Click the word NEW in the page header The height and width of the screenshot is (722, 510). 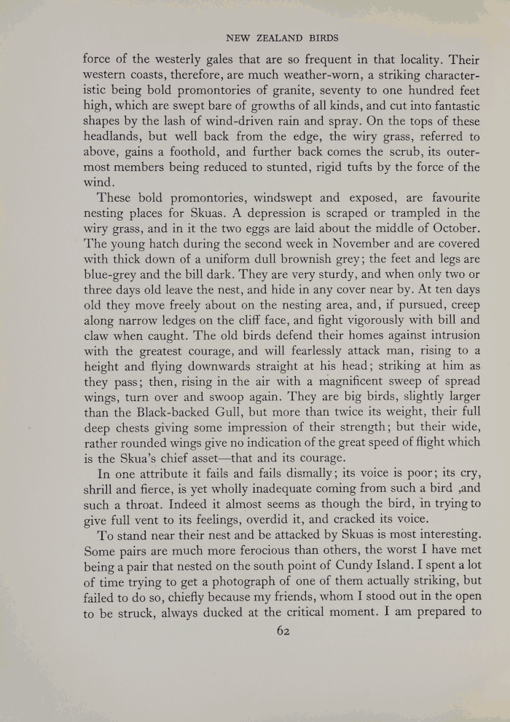coord(238,36)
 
